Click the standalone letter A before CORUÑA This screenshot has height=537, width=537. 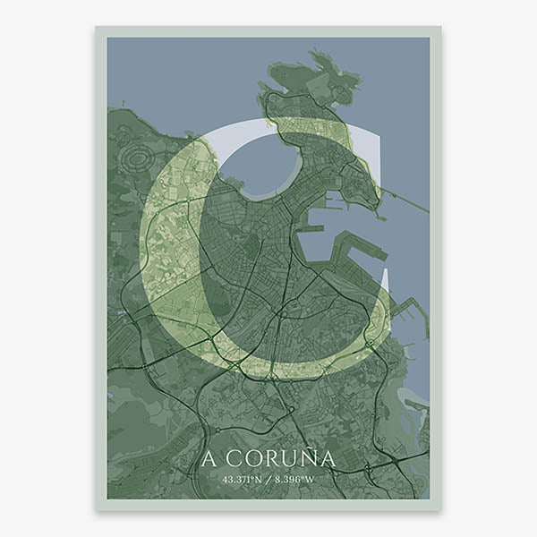(209, 459)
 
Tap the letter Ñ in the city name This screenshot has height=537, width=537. (306, 458)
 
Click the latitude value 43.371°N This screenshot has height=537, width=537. (242, 480)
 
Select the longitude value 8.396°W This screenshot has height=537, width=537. (295, 480)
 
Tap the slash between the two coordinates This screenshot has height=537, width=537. (268, 480)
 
